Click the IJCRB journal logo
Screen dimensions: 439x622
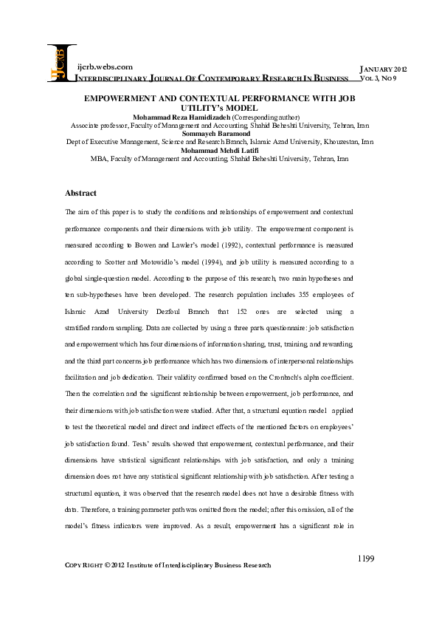[61, 63]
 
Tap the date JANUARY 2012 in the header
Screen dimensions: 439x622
[381, 69]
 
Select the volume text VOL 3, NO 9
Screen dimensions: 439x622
[381, 77]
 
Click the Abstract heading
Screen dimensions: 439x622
[80, 193]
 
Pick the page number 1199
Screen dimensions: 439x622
[367, 558]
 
